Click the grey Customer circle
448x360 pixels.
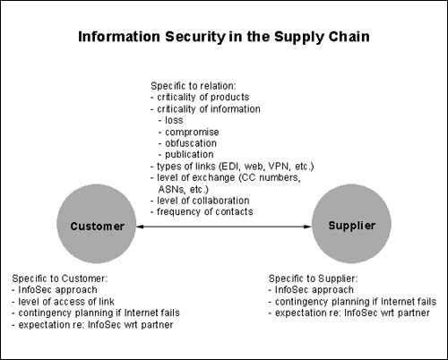97,224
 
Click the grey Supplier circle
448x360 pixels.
351,224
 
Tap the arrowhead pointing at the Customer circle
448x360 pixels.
141,227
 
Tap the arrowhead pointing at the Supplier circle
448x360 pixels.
307,227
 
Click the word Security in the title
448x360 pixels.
195,38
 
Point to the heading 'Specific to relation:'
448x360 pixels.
194,86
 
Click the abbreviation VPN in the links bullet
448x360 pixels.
280,166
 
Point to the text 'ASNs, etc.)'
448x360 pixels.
184,189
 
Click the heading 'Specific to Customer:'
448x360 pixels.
60,279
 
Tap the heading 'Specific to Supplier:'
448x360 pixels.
313,279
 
